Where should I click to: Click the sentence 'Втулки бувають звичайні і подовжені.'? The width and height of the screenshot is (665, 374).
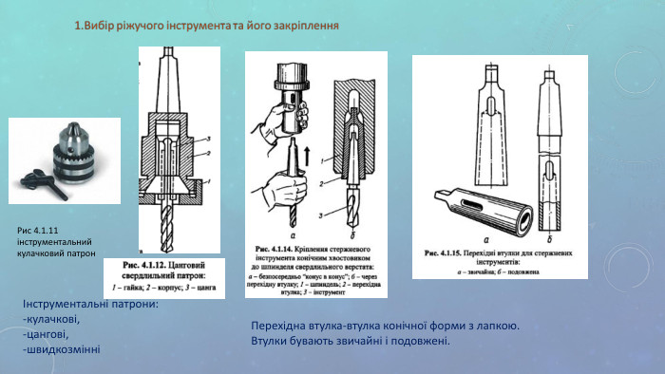tap(350, 341)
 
